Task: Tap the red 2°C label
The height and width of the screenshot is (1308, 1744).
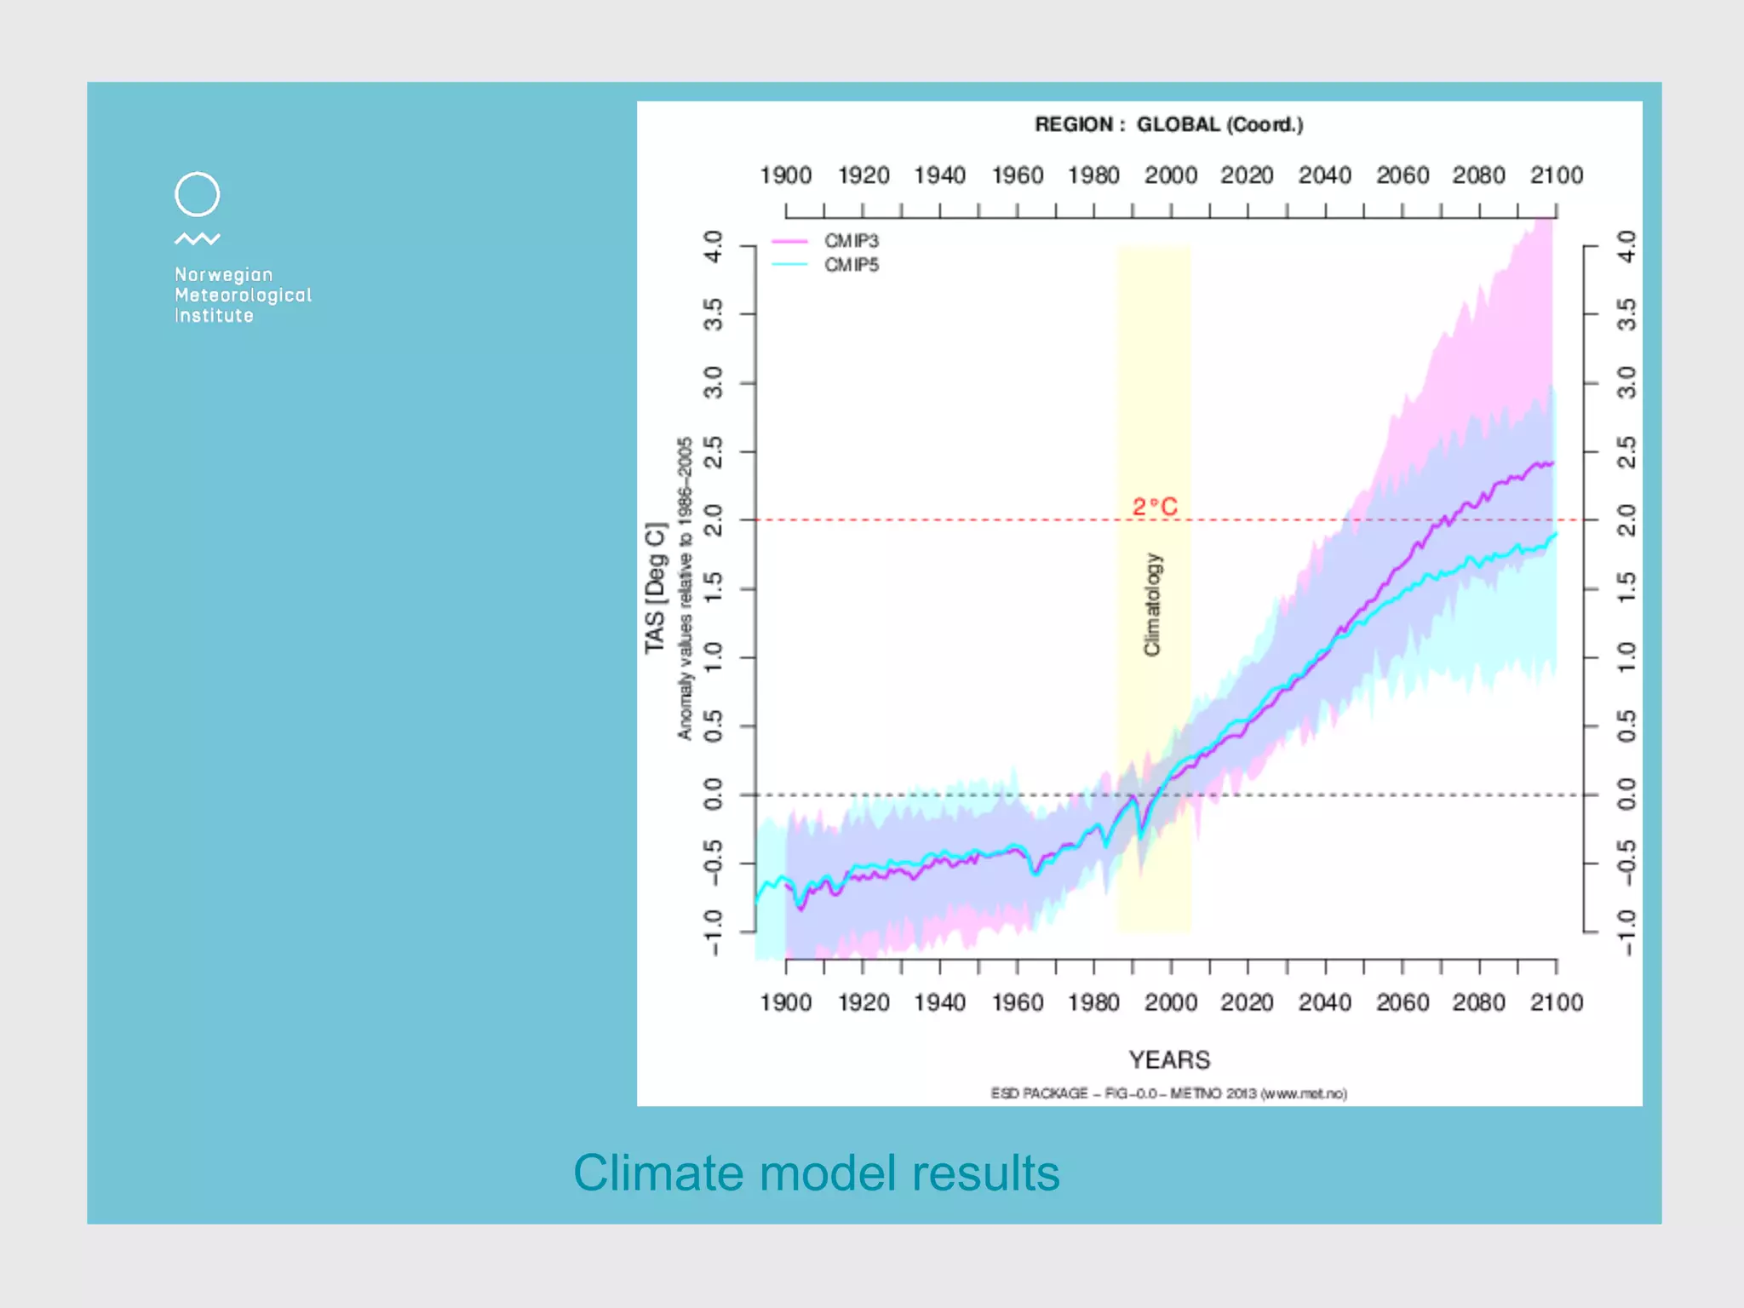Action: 1154,507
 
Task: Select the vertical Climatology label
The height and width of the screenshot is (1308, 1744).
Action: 1151,605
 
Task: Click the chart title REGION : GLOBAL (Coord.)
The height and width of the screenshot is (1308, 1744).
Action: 1168,124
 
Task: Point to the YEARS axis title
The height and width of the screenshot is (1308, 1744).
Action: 1168,1059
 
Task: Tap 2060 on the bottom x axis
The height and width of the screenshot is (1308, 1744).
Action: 1402,1002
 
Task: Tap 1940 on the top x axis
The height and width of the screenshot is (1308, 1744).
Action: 939,175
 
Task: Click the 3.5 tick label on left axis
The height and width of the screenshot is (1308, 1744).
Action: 714,314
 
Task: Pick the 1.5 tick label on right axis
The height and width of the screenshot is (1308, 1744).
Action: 1626,588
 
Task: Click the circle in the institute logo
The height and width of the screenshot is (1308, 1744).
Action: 197,194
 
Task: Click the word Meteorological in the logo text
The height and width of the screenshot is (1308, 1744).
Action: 243,295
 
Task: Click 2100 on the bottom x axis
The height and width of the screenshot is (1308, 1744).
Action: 1556,1002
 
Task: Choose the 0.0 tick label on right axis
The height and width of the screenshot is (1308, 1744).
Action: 1626,795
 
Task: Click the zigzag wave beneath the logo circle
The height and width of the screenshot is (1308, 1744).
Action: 197,239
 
